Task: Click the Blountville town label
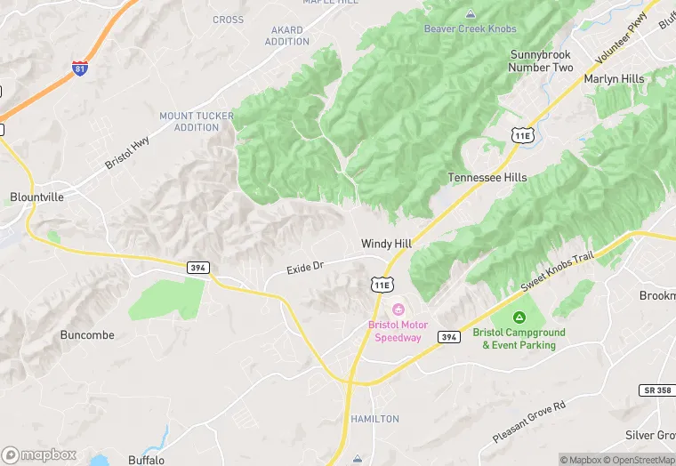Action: tap(37, 197)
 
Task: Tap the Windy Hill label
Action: tap(388, 244)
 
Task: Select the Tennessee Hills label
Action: tap(487, 178)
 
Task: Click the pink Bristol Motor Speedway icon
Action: tap(398, 309)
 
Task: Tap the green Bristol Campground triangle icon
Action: tap(519, 317)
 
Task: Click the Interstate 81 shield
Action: tap(80, 68)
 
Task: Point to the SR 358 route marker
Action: tap(656, 390)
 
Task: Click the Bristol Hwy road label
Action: tap(126, 153)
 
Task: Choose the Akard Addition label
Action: tap(287, 36)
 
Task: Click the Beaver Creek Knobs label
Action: tap(470, 28)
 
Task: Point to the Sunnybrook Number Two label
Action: tap(541, 61)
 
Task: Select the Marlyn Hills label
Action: tap(614, 79)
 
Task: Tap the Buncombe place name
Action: tap(86, 335)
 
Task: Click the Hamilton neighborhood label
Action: tap(374, 419)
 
